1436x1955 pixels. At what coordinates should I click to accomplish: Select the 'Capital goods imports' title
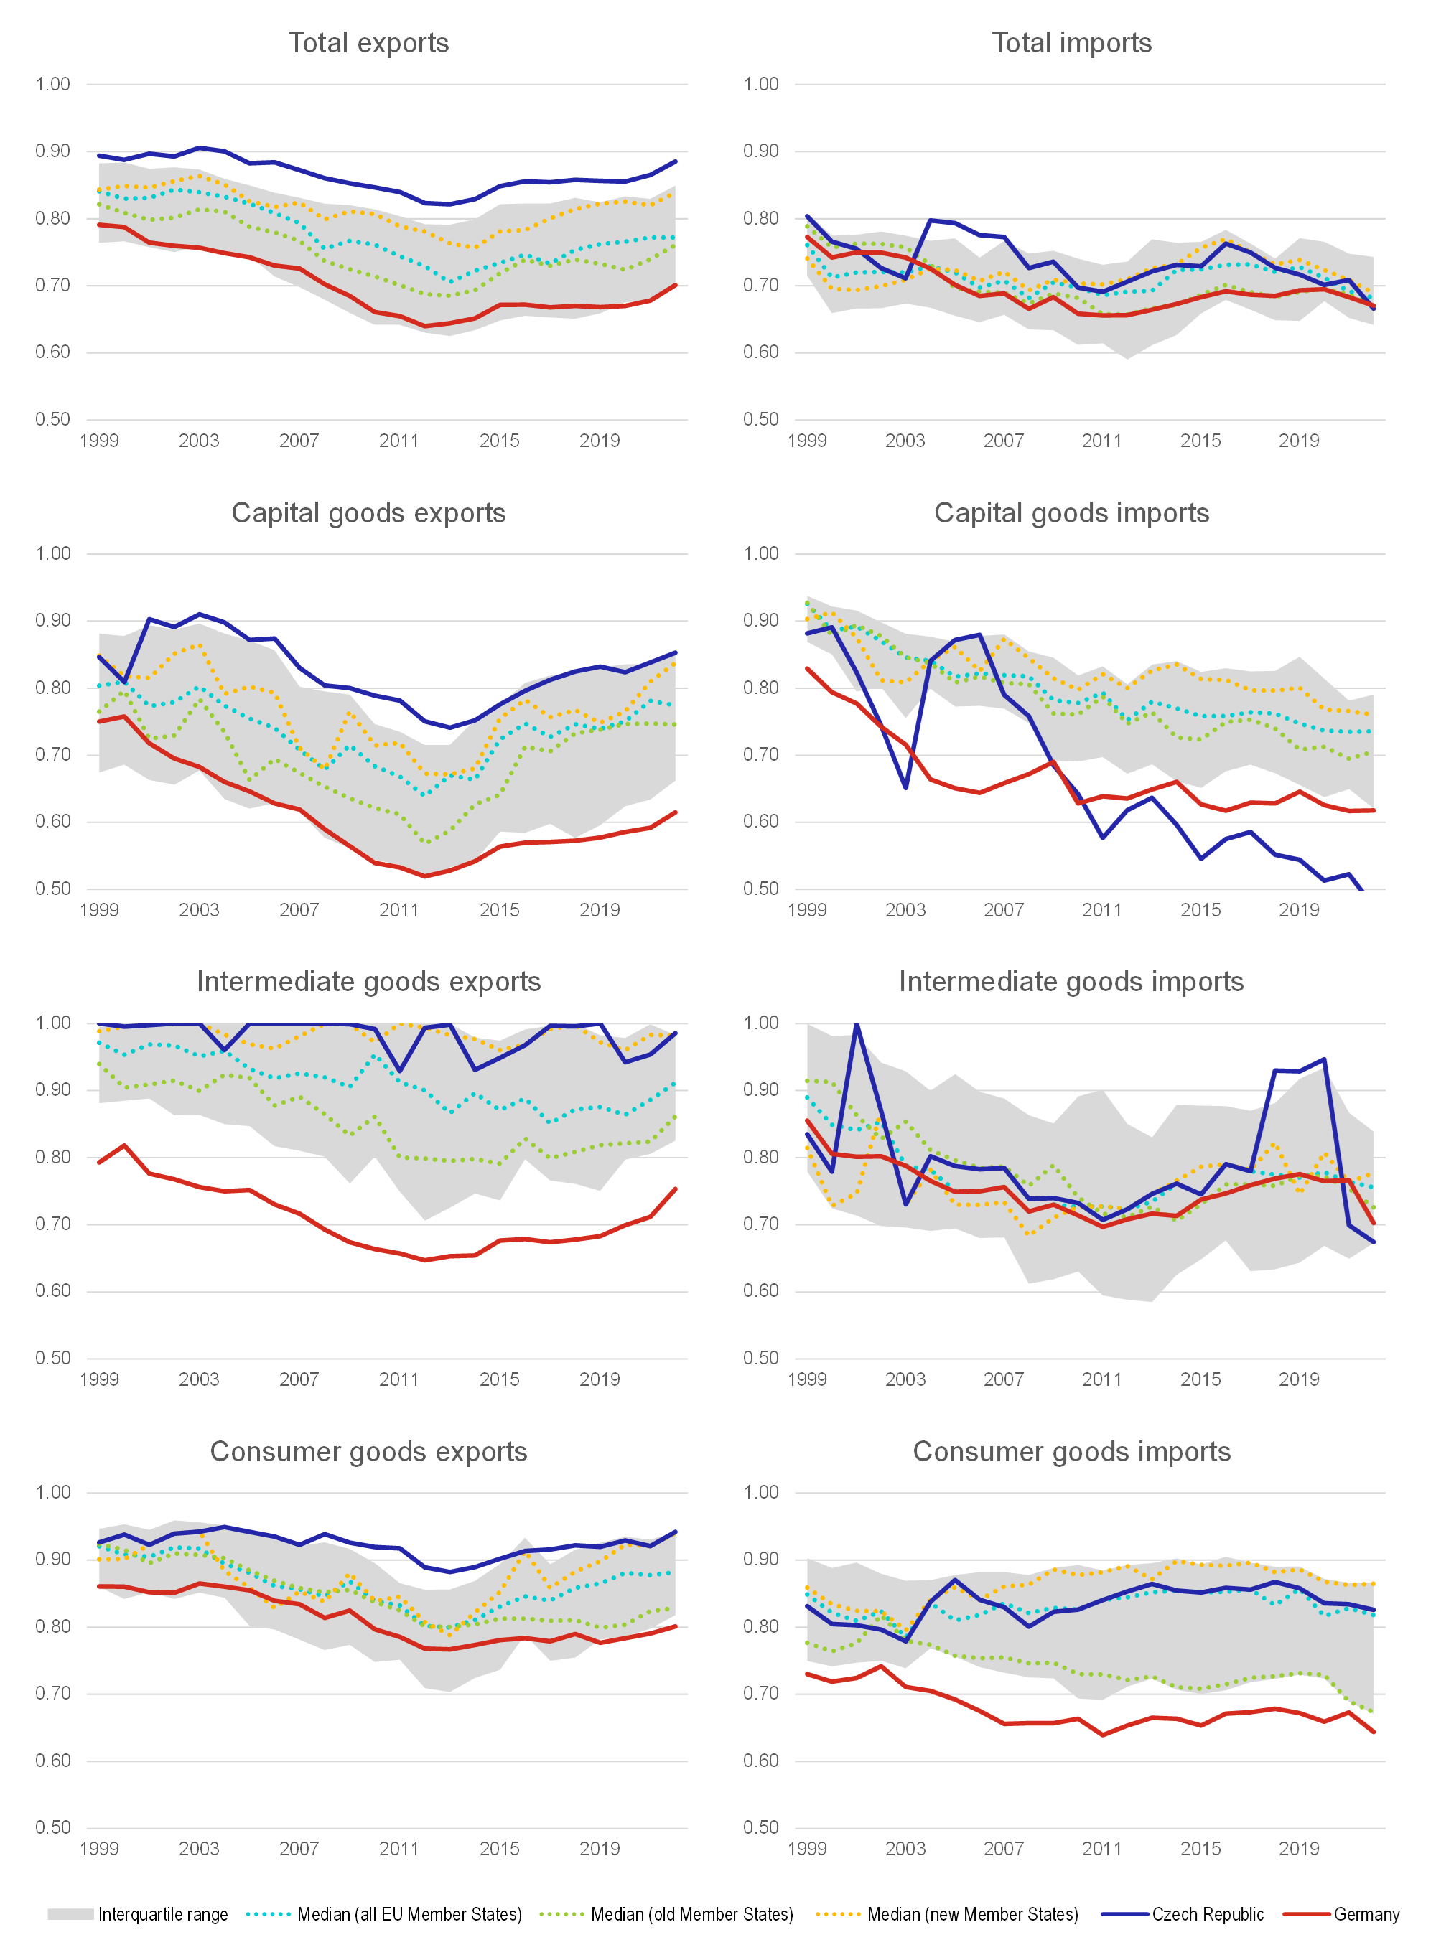click(x=1071, y=512)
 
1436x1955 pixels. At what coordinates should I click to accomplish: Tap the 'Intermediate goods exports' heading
click(x=368, y=982)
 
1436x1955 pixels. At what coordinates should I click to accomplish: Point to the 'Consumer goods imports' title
click(x=1071, y=1452)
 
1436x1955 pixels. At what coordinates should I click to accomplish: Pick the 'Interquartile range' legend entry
click(x=162, y=1914)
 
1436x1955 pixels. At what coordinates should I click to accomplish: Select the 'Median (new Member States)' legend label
click(x=972, y=1914)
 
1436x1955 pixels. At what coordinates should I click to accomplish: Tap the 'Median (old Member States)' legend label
click(x=692, y=1914)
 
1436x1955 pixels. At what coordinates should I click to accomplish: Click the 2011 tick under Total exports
click(x=399, y=441)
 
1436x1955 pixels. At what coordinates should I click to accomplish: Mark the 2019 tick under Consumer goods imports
click(x=1299, y=1849)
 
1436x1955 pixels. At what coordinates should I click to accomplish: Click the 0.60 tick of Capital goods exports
click(x=53, y=822)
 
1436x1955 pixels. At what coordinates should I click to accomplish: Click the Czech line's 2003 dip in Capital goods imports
click(x=906, y=787)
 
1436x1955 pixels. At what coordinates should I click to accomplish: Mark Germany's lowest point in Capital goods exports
click(x=425, y=876)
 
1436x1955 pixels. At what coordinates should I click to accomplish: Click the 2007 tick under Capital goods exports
click(x=299, y=911)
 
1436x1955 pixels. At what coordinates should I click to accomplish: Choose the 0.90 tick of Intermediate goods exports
click(x=53, y=1089)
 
